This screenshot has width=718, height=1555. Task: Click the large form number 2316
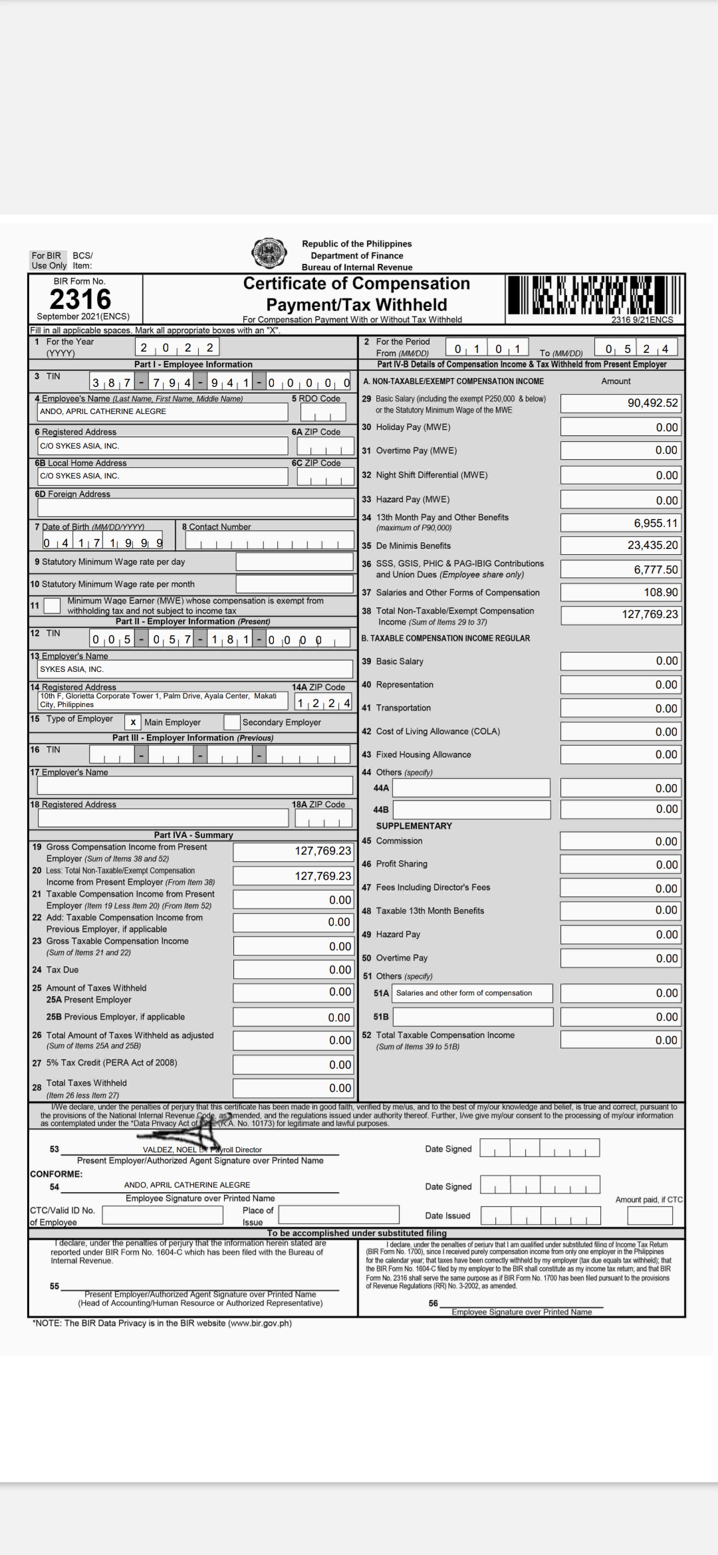(80, 299)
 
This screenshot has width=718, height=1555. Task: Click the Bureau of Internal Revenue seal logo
(269, 253)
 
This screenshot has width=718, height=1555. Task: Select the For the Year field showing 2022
(177, 347)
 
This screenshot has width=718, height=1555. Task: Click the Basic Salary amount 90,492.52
(620, 403)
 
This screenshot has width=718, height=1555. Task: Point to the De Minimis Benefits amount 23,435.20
(620, 546)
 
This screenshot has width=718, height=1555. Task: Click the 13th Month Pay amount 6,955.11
(620, 523)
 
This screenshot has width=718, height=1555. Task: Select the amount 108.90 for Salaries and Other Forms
(620, 592)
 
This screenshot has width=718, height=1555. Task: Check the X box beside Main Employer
(133, 722)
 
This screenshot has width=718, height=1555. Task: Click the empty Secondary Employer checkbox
(232, 722)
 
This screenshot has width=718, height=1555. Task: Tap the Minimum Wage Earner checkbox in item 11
(52, 606)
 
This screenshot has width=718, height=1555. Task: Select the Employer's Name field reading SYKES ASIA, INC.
(195, 669)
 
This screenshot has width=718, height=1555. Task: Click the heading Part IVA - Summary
(193, 835)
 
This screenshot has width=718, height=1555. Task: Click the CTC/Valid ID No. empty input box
(162, 1215)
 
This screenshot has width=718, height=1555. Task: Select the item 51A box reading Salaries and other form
(472, 993)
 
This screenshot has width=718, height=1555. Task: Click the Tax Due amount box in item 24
(293, 970)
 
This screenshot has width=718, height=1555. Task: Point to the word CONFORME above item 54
(57, 1174)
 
